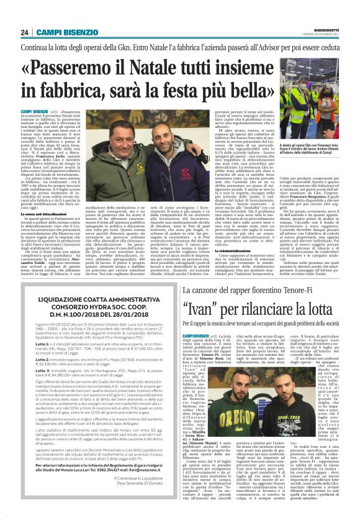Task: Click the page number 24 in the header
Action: click(x=25, y=32)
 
